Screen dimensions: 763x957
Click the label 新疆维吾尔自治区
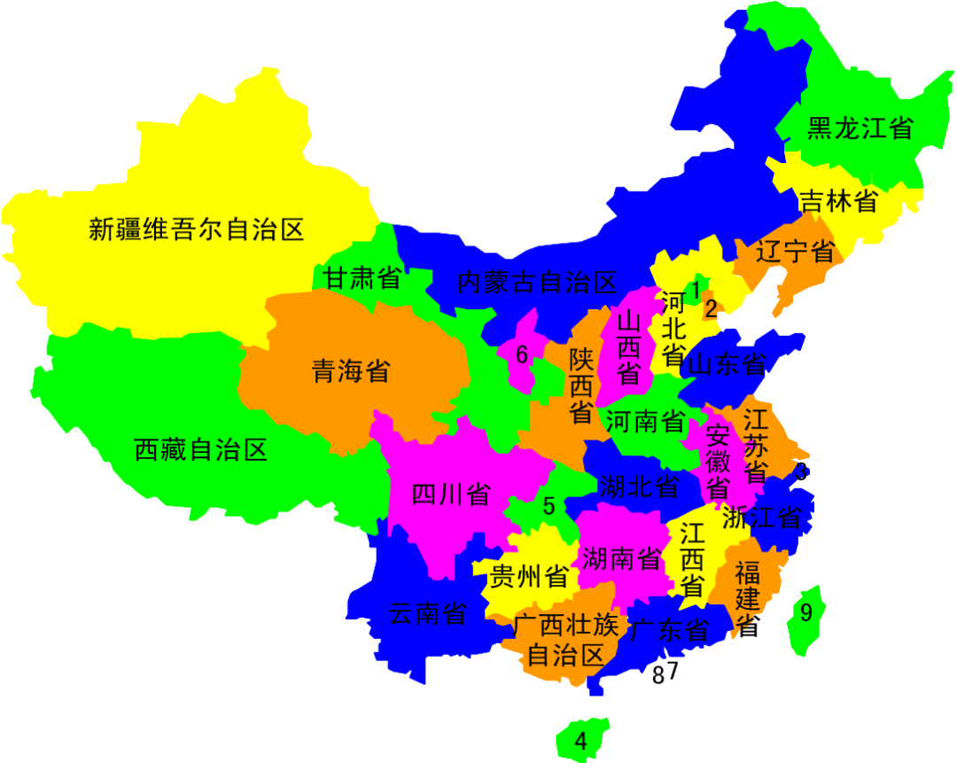(x=196, y=230)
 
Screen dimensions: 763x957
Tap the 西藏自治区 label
(x=200, y=450)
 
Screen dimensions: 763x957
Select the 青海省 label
(x=351, y=370)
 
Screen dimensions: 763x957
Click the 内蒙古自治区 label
(x=537, y=284)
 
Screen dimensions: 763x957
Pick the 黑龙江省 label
(x=860, y=128)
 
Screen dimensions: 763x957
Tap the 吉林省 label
(x=838, y=201)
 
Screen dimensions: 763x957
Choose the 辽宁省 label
(x=795, y=252)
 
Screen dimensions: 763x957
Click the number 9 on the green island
(x=806, y=613)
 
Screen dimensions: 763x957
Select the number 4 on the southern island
(x=581, y=741)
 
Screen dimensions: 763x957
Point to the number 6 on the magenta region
(x=522, y=355)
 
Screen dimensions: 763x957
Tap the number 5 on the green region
(x=549, y=507)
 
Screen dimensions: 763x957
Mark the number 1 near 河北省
(x=696, y=290)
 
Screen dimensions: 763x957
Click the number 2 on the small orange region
(x=711, y=309)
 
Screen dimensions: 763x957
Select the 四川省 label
(x=451, y=494)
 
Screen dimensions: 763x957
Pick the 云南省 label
(x=428, y=613)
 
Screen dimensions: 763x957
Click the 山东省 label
(x=727, y=364)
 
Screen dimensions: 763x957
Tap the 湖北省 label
(x=639, y=486)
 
